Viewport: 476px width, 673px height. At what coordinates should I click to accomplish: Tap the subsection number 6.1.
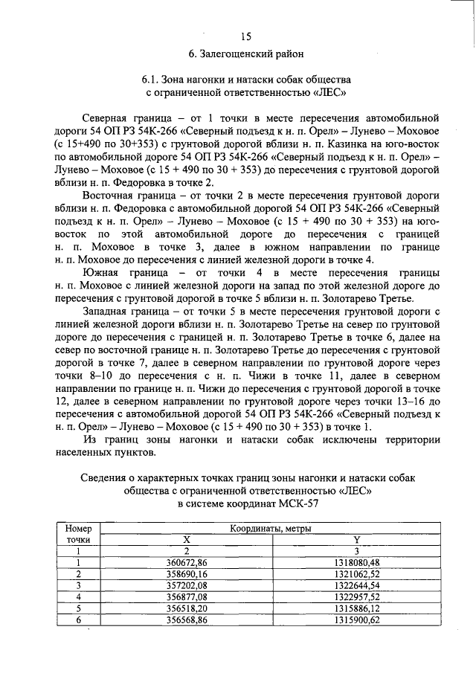pos(152,80)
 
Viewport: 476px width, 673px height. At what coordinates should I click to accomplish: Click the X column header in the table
pos(187,539)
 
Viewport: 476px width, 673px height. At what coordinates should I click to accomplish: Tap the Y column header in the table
pos(356,539)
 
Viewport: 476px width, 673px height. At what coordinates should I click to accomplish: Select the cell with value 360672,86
pos(187,562)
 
